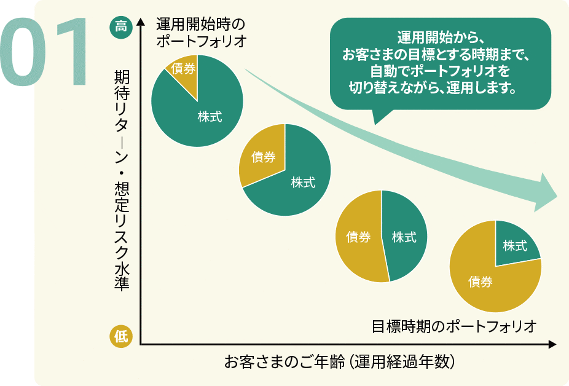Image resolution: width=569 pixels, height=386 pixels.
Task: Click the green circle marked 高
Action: (121, 27)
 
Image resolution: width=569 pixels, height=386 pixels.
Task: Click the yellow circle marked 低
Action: (121, 336)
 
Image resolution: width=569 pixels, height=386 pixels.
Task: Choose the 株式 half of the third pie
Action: (404, 237)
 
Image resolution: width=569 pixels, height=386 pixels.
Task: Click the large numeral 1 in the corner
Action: (74, 52)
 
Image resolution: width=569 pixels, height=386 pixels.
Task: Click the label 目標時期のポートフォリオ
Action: (454, 325)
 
